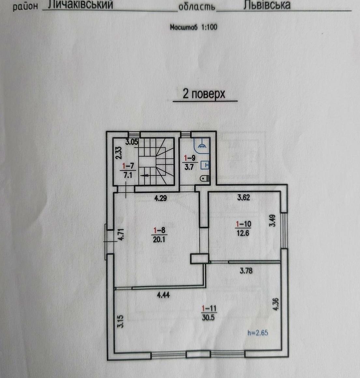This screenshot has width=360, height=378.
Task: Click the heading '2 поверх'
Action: point(204,94)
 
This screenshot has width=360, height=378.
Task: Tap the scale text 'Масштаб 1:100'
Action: point(194,27)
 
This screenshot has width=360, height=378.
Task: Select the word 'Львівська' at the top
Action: point(266,5)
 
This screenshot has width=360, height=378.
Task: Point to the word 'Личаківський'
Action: point(80,5)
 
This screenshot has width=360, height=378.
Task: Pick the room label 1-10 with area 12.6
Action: point(243,228)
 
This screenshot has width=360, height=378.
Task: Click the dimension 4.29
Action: point(161,198)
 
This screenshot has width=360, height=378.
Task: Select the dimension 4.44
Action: point(163,295)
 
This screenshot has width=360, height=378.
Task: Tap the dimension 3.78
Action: point(246,270)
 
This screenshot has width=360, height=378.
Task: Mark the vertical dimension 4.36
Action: point(276,305)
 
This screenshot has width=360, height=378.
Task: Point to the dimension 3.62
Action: point(244,197)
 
